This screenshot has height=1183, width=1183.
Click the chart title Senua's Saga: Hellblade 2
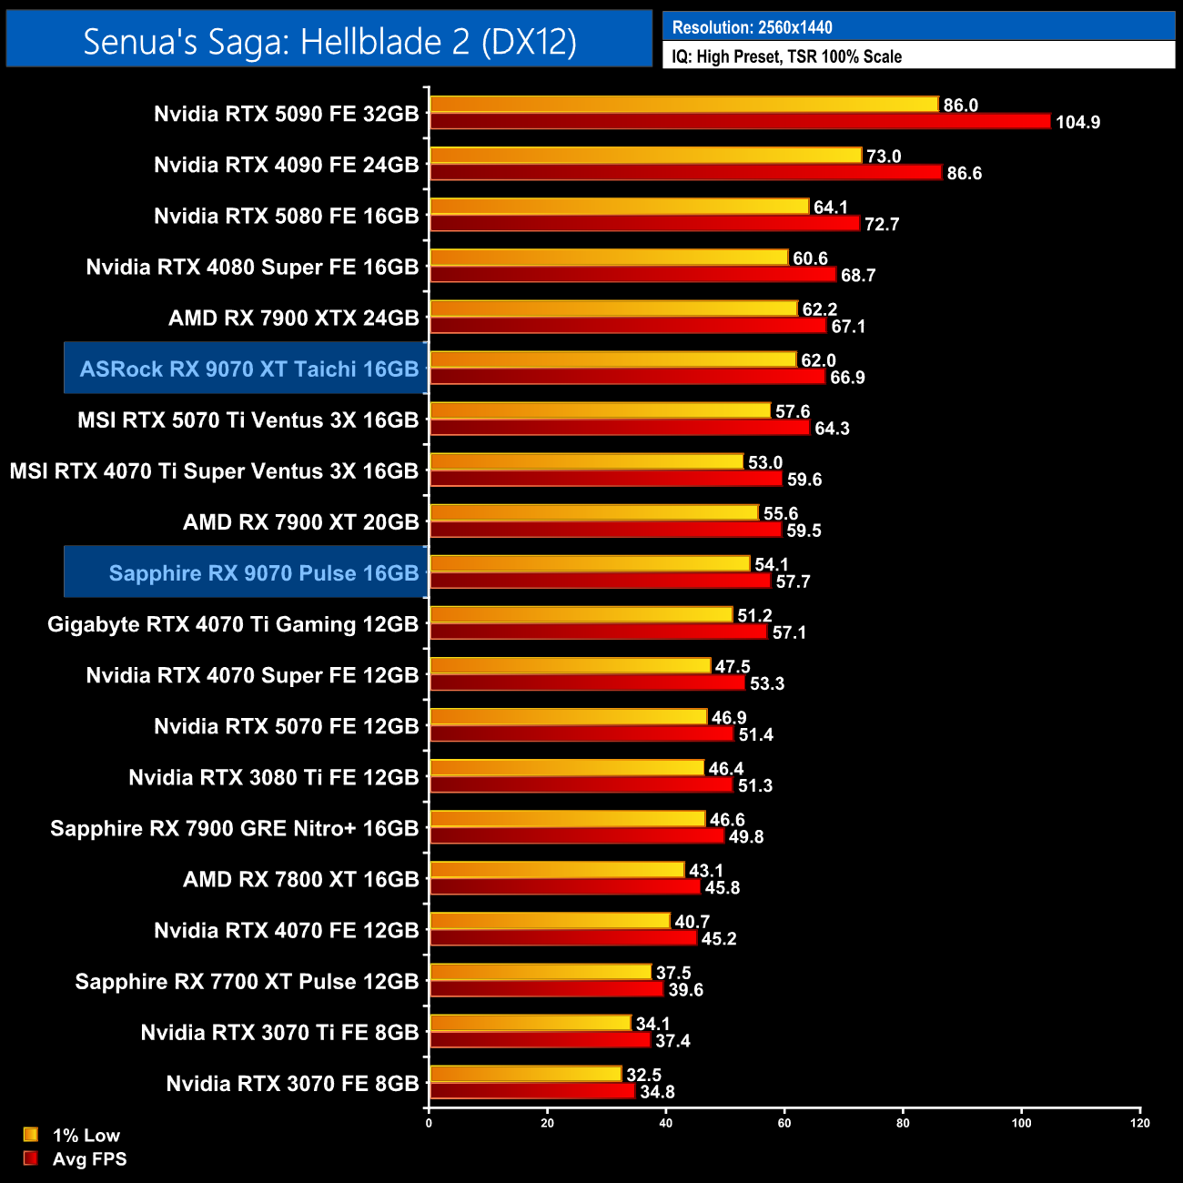[329, 41]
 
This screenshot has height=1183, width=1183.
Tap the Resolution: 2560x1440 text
[752, 27]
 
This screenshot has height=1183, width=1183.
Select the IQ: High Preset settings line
[786, 56]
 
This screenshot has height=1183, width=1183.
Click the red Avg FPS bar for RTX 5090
[740, 121]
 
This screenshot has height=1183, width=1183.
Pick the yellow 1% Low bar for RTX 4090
[645, 156]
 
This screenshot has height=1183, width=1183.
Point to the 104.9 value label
[1077, 122]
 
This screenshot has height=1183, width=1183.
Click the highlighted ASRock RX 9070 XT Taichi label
[248, 369]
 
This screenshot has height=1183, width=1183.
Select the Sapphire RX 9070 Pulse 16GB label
[263, 573]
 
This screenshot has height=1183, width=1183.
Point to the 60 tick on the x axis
[784, 1123]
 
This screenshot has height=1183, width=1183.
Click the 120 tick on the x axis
[1140, 1123]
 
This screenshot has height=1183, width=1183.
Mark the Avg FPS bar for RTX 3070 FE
[531, 1091]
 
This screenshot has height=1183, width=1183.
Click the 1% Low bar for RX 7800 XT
[556, 870]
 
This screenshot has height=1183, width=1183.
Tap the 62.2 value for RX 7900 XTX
[819, 309]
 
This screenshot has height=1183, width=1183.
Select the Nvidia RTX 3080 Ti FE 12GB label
[273, 777]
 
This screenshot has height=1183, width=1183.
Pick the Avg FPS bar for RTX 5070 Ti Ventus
[619, 428]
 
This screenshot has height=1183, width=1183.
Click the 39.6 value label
[685, 990]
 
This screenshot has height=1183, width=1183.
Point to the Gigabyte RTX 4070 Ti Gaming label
[232, 624]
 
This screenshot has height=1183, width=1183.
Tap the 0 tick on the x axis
[429, 1123]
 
